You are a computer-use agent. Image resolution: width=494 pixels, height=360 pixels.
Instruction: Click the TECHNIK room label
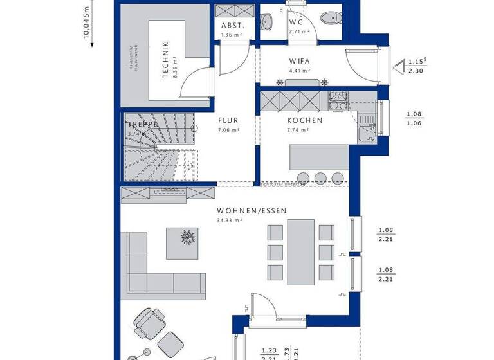[165, 60]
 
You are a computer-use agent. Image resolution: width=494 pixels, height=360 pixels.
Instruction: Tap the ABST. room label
[232, 26]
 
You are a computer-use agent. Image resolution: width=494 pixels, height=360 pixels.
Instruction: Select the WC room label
[297, 21]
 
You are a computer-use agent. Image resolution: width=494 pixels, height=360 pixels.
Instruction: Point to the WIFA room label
[299, 62]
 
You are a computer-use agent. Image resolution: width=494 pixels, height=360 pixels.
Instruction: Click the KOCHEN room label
[305, 120]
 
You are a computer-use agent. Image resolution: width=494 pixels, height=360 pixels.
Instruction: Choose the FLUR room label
[228, 120]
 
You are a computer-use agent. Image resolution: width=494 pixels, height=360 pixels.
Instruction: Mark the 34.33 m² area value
[229, 221]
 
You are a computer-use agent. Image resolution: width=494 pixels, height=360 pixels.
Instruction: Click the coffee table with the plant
[187, 237]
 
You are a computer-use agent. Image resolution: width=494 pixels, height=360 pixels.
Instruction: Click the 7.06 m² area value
[228, 129]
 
